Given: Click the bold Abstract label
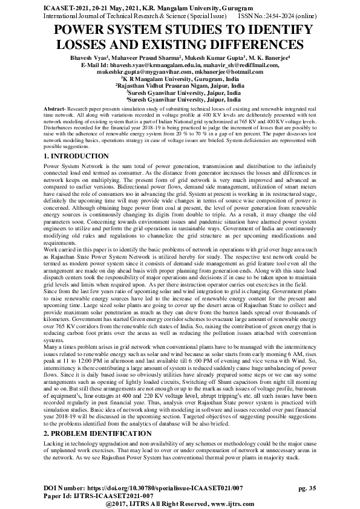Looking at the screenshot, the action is [55, 107].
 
